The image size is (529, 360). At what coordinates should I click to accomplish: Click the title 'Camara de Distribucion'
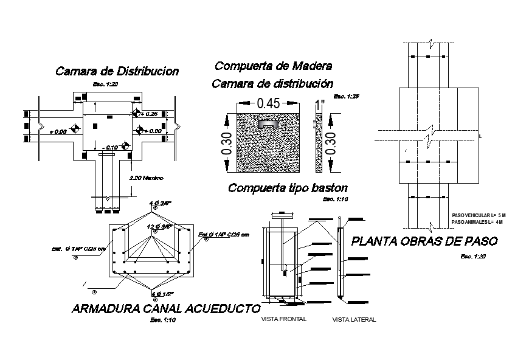tap(117, 71)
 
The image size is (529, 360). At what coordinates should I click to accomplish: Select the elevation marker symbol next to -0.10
tap(125, 146)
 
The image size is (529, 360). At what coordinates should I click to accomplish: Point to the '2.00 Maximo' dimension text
tap(147, 178)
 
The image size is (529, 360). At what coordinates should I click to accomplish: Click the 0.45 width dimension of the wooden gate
tap(268, 103)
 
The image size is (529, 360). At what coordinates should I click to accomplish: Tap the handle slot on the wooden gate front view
tap(266, 123)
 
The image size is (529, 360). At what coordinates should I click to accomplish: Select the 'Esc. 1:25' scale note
tap(347, 96)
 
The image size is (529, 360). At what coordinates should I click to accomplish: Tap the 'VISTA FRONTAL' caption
tap(283, 319)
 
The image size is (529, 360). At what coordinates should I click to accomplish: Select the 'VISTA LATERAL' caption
tap(354, 319)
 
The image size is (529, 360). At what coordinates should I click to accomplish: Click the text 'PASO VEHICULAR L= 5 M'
tap(479, 216)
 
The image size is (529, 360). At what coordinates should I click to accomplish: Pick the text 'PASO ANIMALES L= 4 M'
tap(478, 222)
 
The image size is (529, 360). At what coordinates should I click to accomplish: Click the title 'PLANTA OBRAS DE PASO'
tap(424, 241)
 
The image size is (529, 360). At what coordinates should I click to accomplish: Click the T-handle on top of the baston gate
tap(283, 215)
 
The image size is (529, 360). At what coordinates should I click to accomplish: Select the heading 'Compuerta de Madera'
tap(273, 66)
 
